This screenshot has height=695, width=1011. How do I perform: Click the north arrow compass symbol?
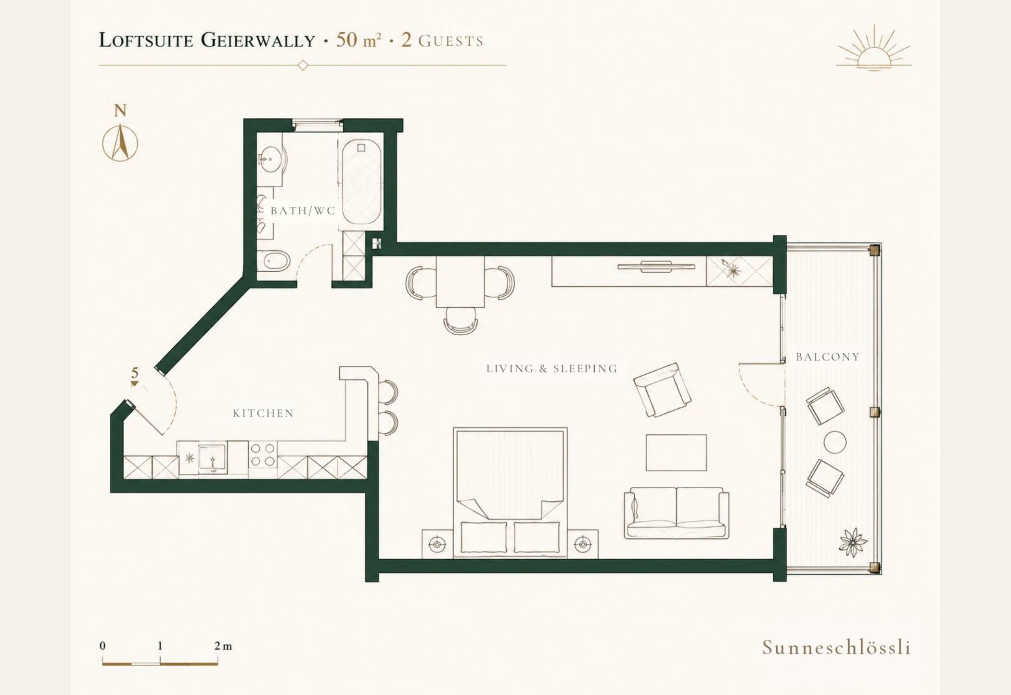[120, 143]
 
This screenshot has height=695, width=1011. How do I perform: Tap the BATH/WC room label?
[303, 211]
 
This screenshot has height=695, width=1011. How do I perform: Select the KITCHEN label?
[263, 413]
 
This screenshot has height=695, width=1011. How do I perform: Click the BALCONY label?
[828, 357]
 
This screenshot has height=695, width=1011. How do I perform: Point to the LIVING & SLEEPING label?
[552, 369]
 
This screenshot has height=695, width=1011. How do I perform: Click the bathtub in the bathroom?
[361, 181]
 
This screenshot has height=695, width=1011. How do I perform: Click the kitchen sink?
[212, 458]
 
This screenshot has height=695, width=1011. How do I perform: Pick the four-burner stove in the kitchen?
[263, 455]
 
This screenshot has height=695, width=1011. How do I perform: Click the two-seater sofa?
[676, 513]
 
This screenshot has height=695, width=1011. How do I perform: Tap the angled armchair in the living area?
[662, 390]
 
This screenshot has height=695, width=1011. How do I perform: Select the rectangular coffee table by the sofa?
[676, 453]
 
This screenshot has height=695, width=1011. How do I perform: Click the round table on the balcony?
[835, 442]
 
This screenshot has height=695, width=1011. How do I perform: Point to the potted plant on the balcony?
[853, 542]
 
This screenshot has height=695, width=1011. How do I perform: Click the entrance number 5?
[135, 373]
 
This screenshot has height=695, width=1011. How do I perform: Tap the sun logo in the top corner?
[874, 50]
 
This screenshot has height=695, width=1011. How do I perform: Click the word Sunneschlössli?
[836, 647]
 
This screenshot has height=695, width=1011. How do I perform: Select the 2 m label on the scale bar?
[223, 646]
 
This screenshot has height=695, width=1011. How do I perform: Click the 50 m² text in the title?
[358, 40]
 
